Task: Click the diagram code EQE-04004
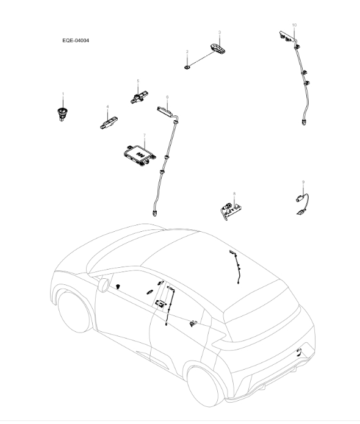[x=76, y=41]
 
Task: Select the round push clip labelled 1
[x=61, y=112]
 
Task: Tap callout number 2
[x=187, y=52]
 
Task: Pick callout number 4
[x=107, y=107]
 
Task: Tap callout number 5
[x=138, y=81]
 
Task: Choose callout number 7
[x=143, y=134]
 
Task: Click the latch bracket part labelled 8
[x=230, y=208]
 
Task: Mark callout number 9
[x=303, y=182]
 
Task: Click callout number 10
[x=294, y=25]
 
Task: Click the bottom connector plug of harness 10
[x=303, y=122]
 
